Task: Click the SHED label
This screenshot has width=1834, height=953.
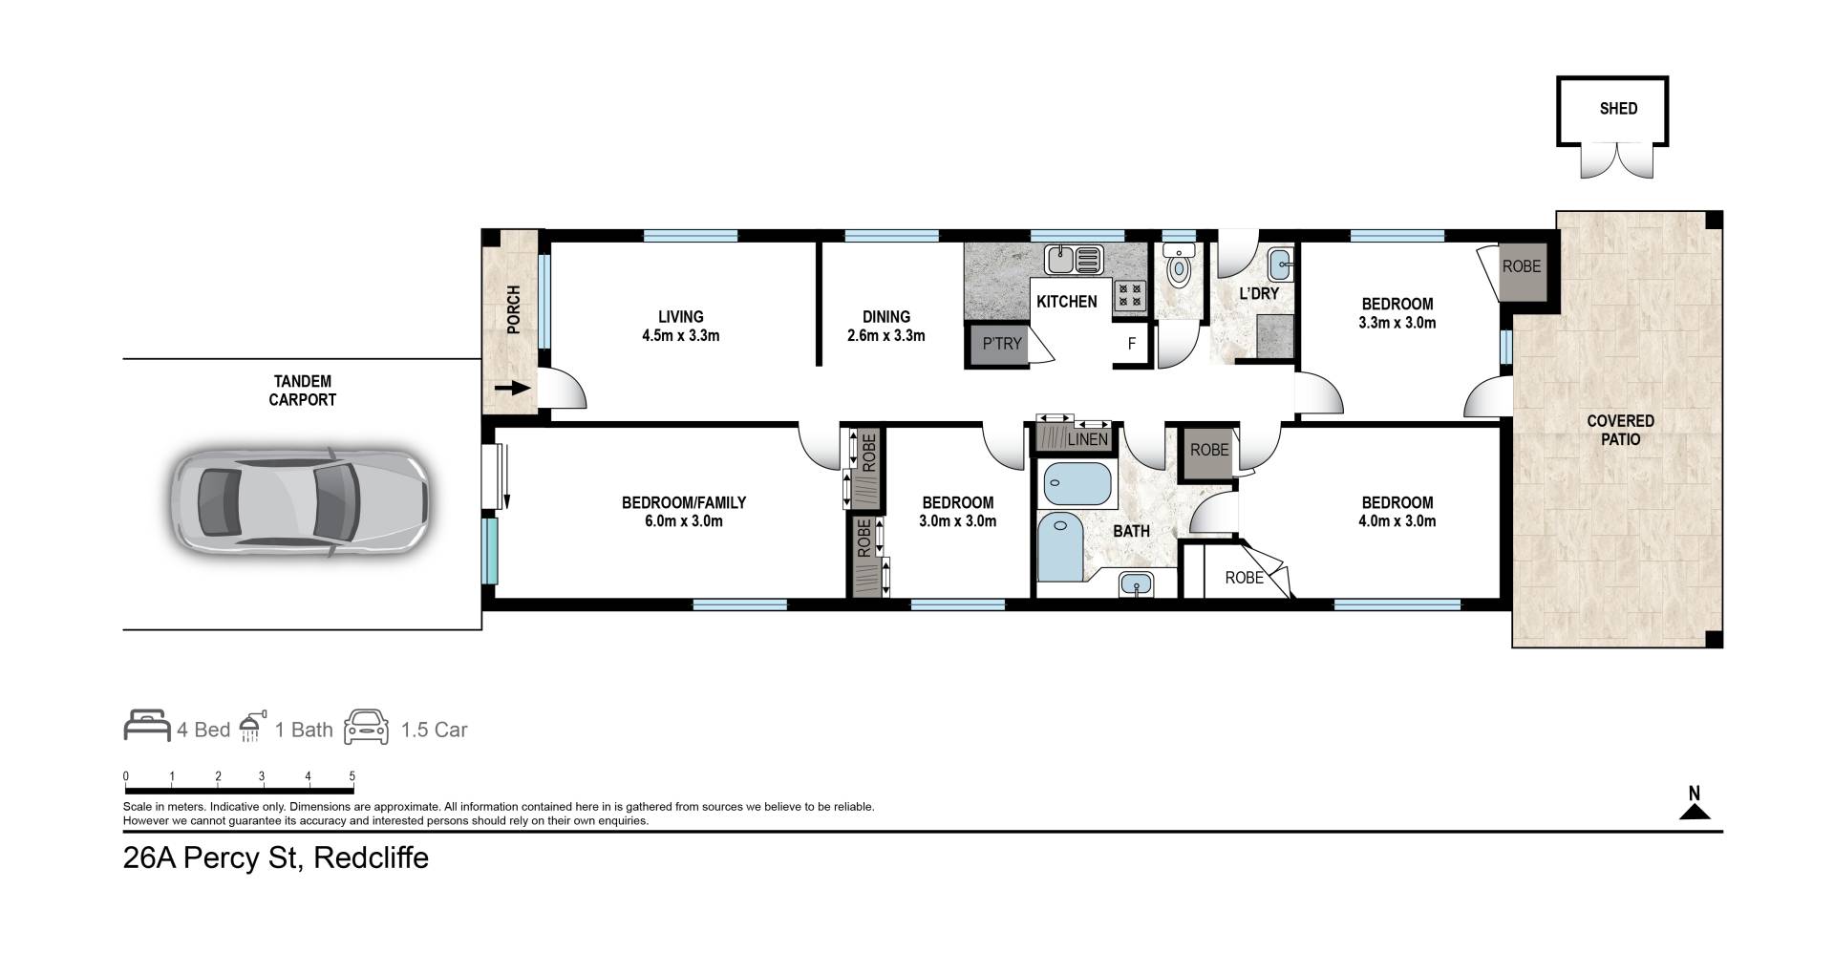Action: (x=1618, y=109)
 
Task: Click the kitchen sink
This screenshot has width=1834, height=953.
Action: (x=1074, y=259)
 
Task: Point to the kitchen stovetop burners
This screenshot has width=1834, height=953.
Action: (x=1129, y=294)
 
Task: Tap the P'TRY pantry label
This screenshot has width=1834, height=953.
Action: (x=1001, y=344)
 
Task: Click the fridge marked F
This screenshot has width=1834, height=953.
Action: (x=1132, y=344)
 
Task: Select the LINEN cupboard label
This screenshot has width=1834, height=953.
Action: (x=1088, y=440)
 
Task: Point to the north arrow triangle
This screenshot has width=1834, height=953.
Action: (x=1695, y=812)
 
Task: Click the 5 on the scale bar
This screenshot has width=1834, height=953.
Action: (x=352, y=776)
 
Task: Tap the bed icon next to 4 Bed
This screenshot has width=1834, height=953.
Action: (x=147, y=726)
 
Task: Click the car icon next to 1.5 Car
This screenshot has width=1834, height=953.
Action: (x=367, y=727)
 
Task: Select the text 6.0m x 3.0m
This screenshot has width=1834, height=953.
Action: (x=684, y=521)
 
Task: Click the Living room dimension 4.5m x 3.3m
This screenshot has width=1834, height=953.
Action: (x=681, y=335)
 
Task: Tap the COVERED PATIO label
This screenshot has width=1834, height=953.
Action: (x=1621, y=430)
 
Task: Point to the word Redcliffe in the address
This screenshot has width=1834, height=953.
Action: (x=371, y=858)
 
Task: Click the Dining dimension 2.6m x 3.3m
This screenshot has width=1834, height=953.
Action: (x=886, y=335)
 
